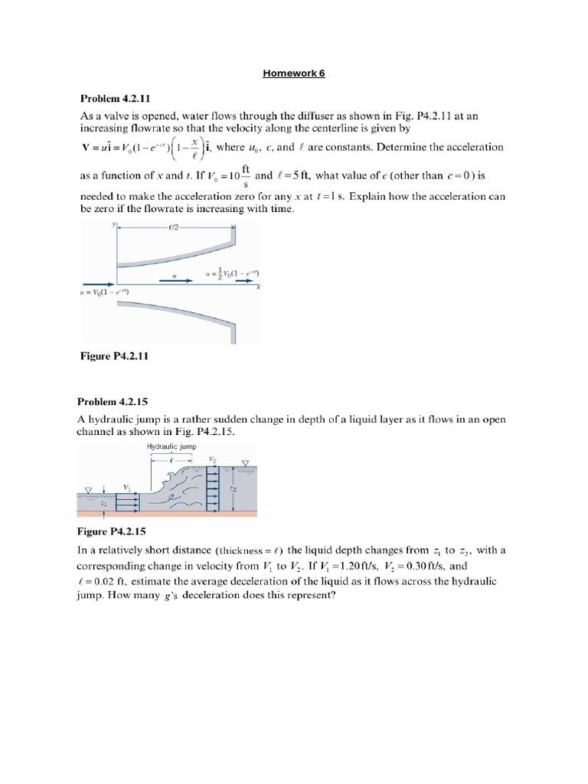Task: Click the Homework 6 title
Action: (294, 73)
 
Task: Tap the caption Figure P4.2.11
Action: (114, 355)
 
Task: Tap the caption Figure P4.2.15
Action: (113, 530)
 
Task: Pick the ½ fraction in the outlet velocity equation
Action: (223, 273)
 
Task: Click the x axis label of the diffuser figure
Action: (258, 288)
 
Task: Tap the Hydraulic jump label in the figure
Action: (172, 446)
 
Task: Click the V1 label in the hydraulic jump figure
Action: (126, 485)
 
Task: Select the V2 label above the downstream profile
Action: (212, 459)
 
